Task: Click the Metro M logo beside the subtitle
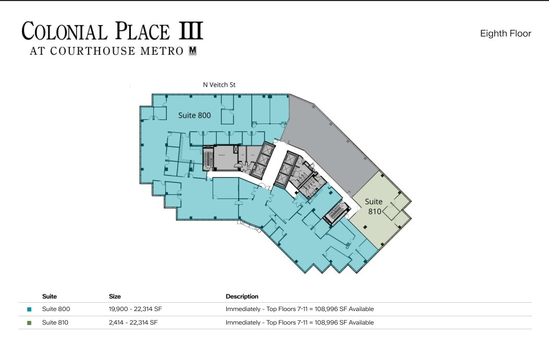tap(192, 51)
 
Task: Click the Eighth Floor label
tap(505, 33)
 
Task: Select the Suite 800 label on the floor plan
tap(194, 115)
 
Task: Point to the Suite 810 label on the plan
tap(373, 206)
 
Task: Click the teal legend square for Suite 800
tap(29, 309)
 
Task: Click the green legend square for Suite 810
tap(29, 323)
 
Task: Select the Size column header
tap(115, 296)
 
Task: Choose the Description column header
tap(242, 296)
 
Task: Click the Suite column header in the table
tap(50, 296)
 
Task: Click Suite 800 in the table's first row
tap(56, 309)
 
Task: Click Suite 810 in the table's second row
tap(55, 322)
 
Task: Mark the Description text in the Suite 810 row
tap(299, 322)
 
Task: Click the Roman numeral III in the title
tap(191, 31)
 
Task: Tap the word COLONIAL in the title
tap(65, 32)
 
